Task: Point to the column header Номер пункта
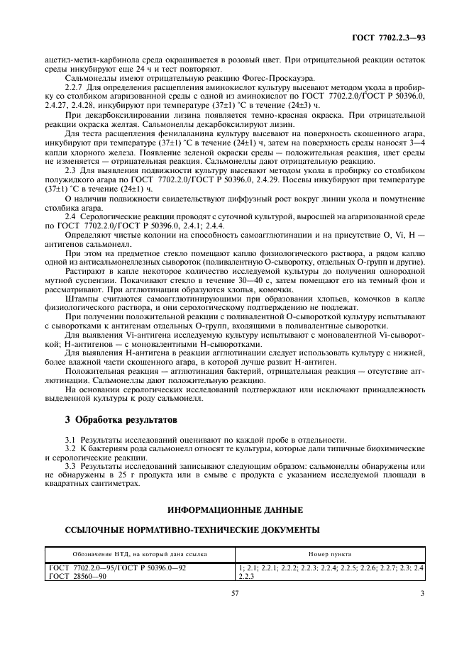(x=330, y=553)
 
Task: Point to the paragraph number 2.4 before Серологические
(x=70, y=214)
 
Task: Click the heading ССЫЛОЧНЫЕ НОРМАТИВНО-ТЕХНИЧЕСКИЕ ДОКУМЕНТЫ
(x=192, y=529)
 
